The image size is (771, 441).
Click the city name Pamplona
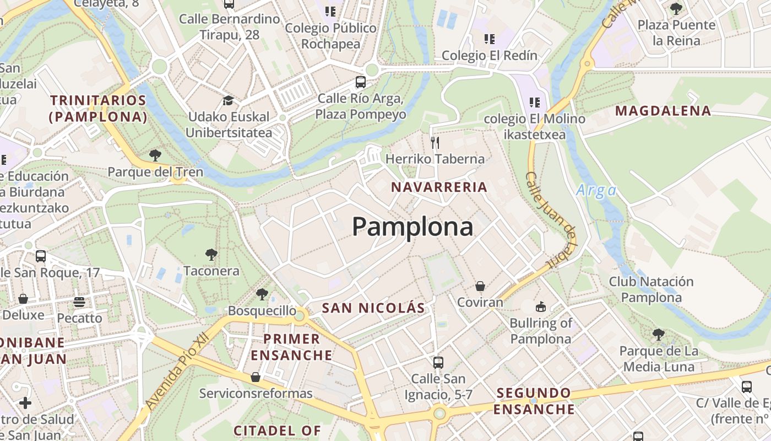coord(412,227)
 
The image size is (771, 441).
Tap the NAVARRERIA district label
coord(439,187)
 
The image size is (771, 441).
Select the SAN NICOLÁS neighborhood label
coord(373,308)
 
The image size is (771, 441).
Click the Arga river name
coord(596,191)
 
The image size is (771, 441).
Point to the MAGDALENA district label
coord(663,111)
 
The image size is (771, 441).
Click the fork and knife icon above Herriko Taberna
coord(435,143)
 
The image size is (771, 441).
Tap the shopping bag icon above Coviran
coord(480,286)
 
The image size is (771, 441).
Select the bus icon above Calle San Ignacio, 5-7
coord(438,362)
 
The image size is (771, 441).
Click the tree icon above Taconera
coord(211,254)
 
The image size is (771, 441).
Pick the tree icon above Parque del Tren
coord(155,155)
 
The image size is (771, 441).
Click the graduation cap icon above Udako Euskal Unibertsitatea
coord(228,100)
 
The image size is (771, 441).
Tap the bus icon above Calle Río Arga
coord(361,82)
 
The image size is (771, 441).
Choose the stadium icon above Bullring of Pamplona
coord(541,306)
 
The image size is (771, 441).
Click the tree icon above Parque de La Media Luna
coord(658,334)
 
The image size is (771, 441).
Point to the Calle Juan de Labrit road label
coord(551,220)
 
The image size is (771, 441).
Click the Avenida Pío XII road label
coord(172,370)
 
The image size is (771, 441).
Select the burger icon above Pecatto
coord(80,302)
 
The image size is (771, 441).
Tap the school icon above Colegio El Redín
coord(489,39)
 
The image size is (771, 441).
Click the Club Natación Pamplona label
coord(651,289)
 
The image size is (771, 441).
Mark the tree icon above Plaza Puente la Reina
coord(676,8)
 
